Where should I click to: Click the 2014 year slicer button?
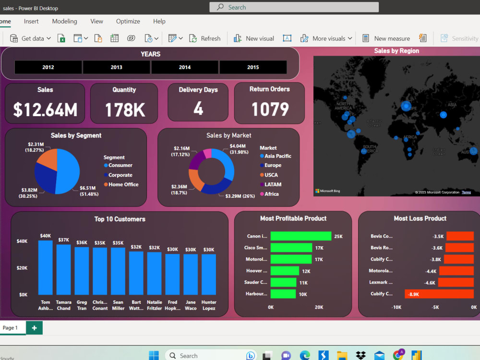185,67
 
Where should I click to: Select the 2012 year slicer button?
48,67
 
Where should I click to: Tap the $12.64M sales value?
45,110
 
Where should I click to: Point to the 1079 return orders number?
270,109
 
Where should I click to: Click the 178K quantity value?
125,110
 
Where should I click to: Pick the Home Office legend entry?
123,184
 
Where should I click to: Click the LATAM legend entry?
273,184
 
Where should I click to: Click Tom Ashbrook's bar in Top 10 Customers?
46,267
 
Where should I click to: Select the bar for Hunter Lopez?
209,274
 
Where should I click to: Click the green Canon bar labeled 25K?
300,236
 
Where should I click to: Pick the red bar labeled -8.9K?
439,294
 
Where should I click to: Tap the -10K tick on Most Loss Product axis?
396,307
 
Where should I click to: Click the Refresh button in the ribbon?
205,38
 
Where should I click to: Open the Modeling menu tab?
64,21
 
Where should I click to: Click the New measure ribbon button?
386,38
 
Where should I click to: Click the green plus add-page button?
34,328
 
